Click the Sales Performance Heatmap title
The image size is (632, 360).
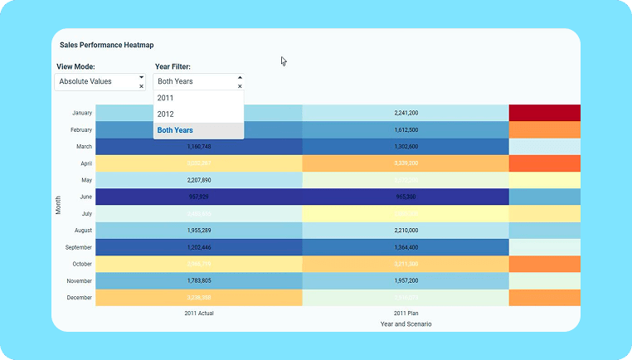[x=106, y=45]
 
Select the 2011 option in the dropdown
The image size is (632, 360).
[x=165, y=98]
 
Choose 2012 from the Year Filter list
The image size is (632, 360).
[x=165, y=114]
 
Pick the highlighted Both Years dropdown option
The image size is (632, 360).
[x=175, y=130]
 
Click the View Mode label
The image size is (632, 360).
[x=75, y=66]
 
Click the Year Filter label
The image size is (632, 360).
[x=173, y=66]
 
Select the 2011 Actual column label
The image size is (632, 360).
[x=199, y=313]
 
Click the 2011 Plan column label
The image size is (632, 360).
[x=406, y=313]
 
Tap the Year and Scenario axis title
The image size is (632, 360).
[x=406, y=324]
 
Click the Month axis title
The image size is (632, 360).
[x=59, y=205]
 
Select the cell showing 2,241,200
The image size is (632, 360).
[x=406, y=113]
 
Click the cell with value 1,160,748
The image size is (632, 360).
[x=199, y=147]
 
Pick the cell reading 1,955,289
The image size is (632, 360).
[x=199, y=230]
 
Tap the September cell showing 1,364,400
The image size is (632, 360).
[x=406, y=247]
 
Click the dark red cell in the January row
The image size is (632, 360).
[x=544, y=113]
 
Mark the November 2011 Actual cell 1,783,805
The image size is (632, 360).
[x=199, y=280]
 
